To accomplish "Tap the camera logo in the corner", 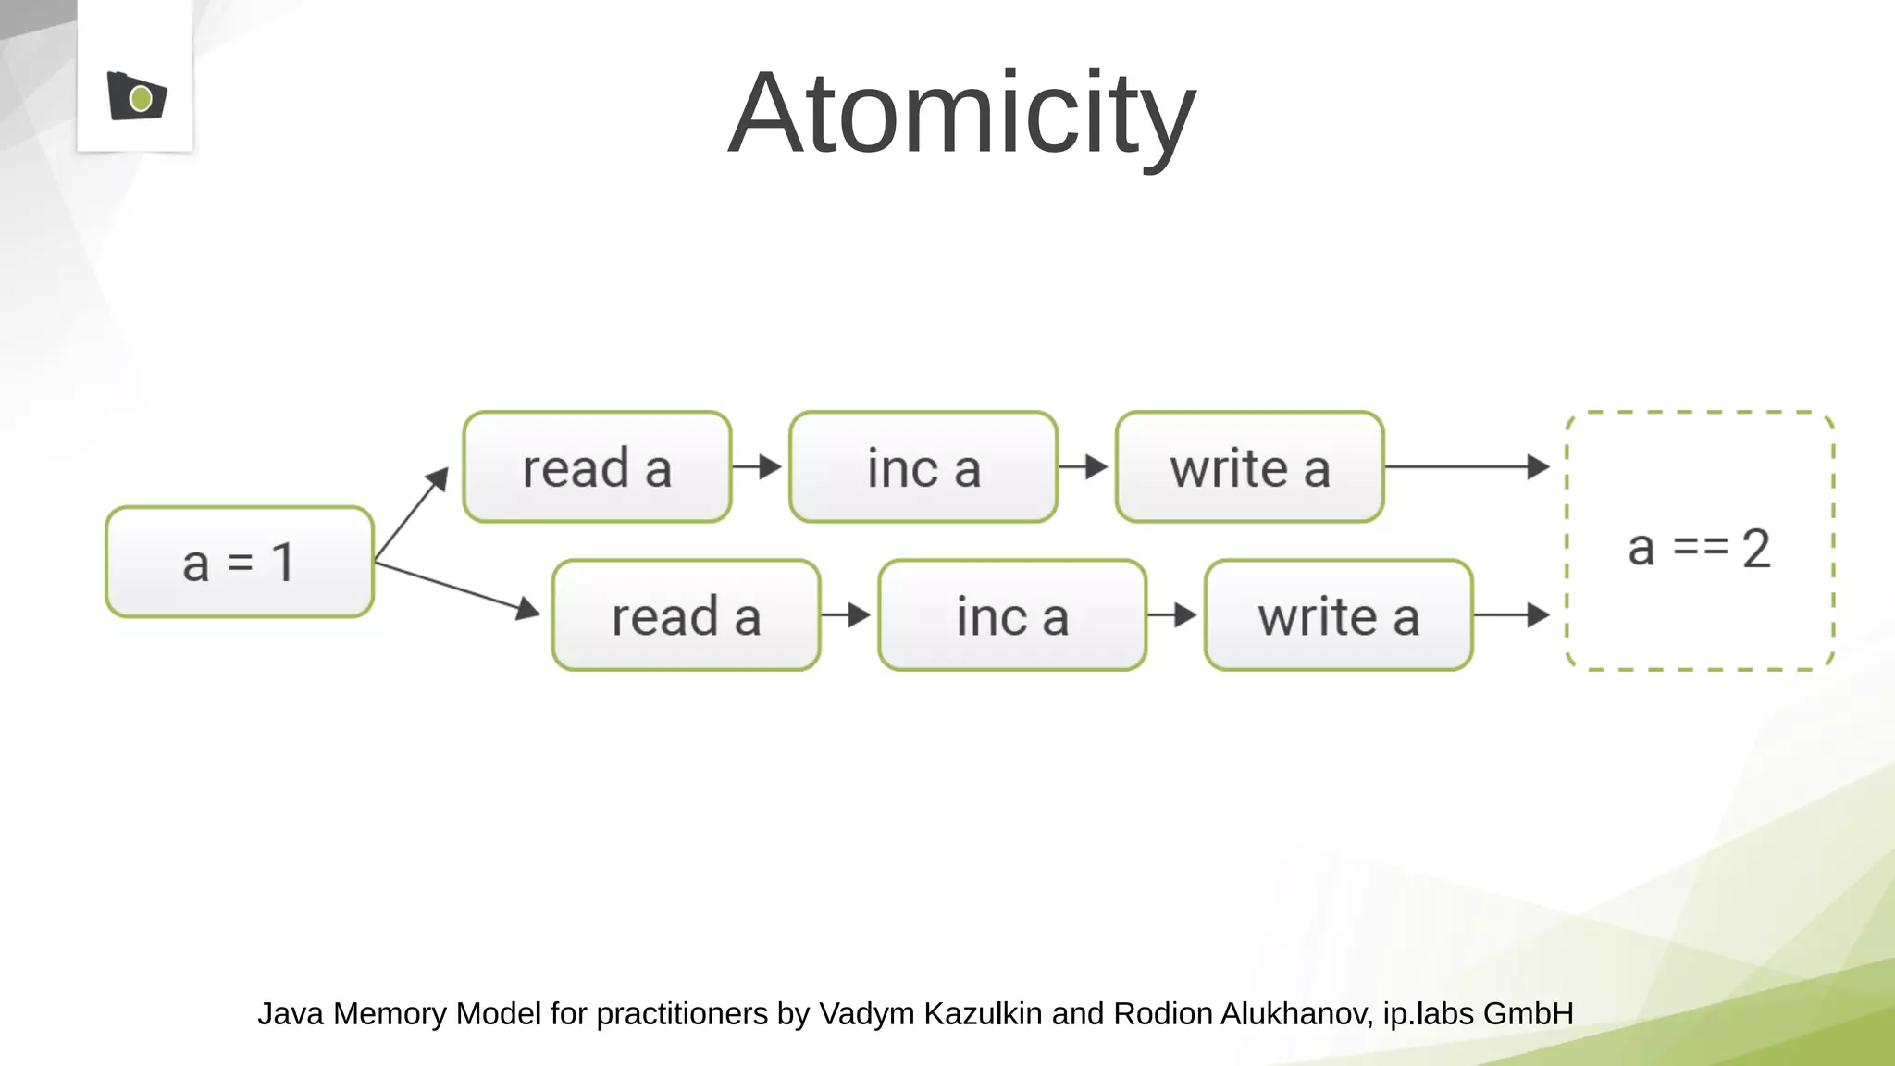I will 137,96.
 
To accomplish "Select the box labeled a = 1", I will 240,562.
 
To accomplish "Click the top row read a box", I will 597,467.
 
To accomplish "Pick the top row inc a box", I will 923,467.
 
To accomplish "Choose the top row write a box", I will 1249,467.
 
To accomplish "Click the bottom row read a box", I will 686,615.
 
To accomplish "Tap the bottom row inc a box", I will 1012,615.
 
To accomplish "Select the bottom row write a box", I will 1338,615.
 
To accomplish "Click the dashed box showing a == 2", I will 1700,541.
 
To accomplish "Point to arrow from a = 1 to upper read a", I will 412,514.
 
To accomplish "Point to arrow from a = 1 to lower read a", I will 457,588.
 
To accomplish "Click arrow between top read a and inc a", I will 758,466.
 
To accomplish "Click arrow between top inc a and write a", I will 1084,466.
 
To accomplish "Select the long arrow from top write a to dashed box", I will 1467,466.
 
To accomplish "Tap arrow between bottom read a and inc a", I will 846,614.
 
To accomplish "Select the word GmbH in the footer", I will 1528,1014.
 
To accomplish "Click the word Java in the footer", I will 290,1014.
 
